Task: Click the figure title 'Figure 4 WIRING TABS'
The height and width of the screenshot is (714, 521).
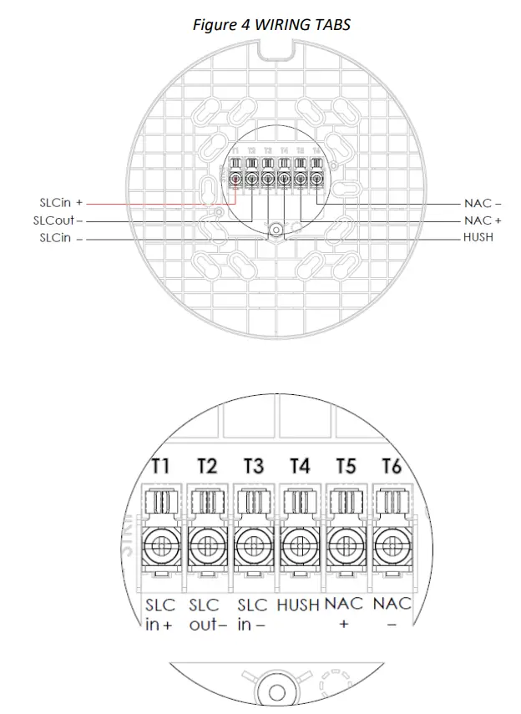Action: (x=271, y=24)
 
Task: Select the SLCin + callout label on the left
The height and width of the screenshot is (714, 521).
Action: (x=61, y=203)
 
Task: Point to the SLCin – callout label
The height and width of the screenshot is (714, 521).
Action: (x=61, y=238)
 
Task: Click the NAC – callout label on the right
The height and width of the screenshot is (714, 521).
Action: (x=483, y=203)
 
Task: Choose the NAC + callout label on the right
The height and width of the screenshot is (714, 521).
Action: (x=483, y=220)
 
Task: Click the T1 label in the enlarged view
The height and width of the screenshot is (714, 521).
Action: (x=161, y=465)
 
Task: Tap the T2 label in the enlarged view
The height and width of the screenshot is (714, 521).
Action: (x=207, y=465)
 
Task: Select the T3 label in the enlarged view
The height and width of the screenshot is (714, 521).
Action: (x=253, y=465)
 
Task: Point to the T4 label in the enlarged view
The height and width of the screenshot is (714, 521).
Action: (x=299, y=465)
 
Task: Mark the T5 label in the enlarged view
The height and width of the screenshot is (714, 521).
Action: (x=345, y=465)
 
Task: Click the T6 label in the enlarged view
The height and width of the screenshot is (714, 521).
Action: (x=389, y=465)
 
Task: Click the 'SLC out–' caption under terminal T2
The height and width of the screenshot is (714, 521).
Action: (x=207, y=615)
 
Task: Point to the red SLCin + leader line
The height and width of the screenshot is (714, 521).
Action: (x=159, y=203)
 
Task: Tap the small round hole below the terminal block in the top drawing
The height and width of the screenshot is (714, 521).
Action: (x=275, y=230)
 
